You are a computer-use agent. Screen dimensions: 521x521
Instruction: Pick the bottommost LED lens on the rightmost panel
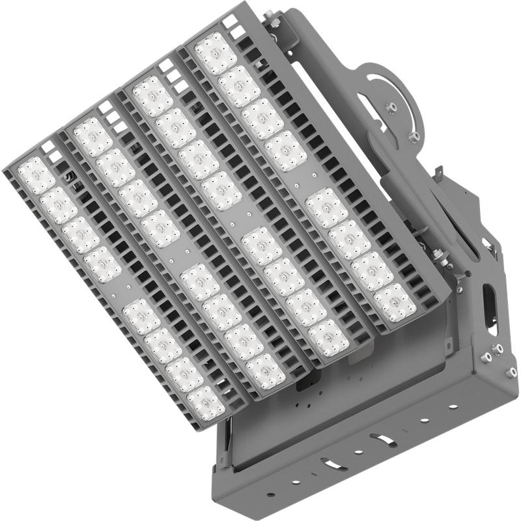tap(395, 302)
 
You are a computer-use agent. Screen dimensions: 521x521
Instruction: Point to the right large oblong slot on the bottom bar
tap(383, 440)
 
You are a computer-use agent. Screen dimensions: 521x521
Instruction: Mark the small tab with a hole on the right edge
tap(438, 171)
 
